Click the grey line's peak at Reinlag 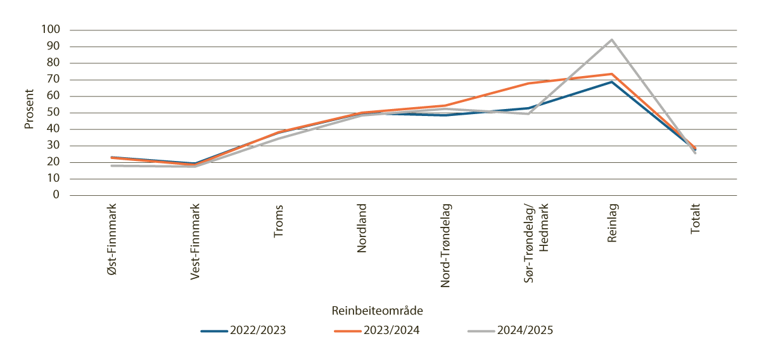pyautogui.click(x=612, y=39)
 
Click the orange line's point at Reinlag pyautogui.click(x=612, y=74)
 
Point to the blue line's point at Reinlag pyautogui.click(x=612, y=82)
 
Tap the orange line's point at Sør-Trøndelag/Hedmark pyautogui.click(x=528, y=83)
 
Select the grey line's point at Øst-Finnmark pyautogui.click(x=112, y=165)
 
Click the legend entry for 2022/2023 pyautogui.click(x=244, y=330)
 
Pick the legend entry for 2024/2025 pyautogui.click(x=511, y=330)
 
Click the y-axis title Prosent pyautogui.click(x=29, y=112)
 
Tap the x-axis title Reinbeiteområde pyautogui.click(x=377, y=311)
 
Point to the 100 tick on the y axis pyautogui.click(x=51, y=30)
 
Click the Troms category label pyautogui.click(x=279, y=221)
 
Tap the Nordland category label pyautogui.click(x=362, y=228)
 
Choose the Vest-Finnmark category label pyautogui.click(x=195, y=241)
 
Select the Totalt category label pyautogui.click(x=696, y=220)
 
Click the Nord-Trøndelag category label pyautogui.click(x=445, y=245)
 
